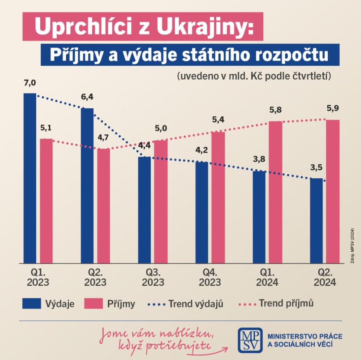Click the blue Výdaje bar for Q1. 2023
pyautogui.click(x=30, y=179)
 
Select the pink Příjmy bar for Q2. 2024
pyautogui.click(x=333, y=191)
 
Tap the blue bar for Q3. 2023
pyautogui.click(x=144, y=210)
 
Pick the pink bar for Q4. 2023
pyautogui.click(x=218, y=197)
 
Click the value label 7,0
pyautogui.click(x=30, y=83)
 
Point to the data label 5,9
pyautogui.click(x=333, y=108)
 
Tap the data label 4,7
pyautogui.click(x=103, y=137)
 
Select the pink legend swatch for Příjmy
pyautogui.click(x=94, y=304)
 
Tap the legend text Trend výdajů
pyautogui.click(x=196, y=304)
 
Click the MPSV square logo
pyautogui.click(x=250, y=340)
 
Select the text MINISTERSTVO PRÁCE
pyautogui.click(x=304, y=336)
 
